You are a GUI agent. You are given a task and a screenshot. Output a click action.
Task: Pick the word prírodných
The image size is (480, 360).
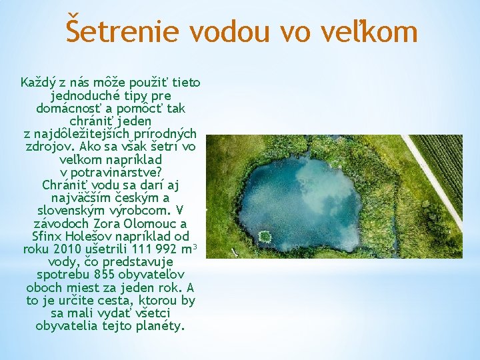163,133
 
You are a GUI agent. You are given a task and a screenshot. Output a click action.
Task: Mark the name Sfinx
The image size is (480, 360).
47,236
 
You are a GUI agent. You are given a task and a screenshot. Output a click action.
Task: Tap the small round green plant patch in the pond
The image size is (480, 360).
265,236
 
